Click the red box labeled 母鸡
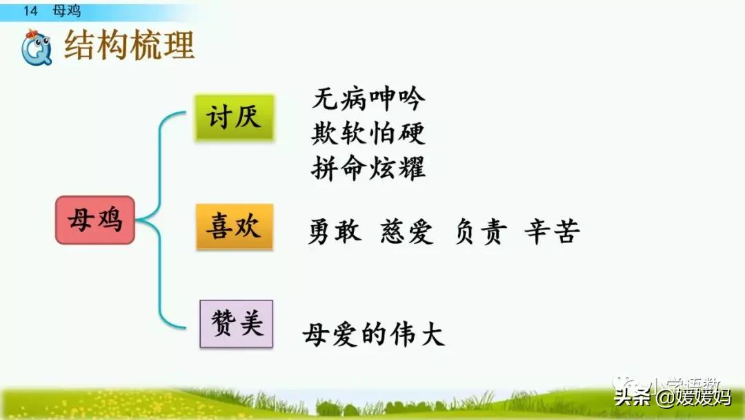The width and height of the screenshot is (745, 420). [x=95, y=220]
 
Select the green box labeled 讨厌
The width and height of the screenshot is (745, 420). [x=235, y=117]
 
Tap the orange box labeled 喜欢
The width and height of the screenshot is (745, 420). [x=235, y=226]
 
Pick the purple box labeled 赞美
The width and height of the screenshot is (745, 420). [x=237, y=323]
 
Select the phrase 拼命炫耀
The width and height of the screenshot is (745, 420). [x=368, y=168]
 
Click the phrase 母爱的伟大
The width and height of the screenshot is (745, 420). [x=373, y=335]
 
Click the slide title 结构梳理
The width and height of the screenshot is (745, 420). [x=129, y=46]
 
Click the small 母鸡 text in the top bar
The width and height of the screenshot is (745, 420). [x=66, y=11]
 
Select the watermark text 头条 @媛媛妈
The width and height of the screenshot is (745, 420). [x=672, y=397]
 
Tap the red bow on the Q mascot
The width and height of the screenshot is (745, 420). [x=32, y=35]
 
